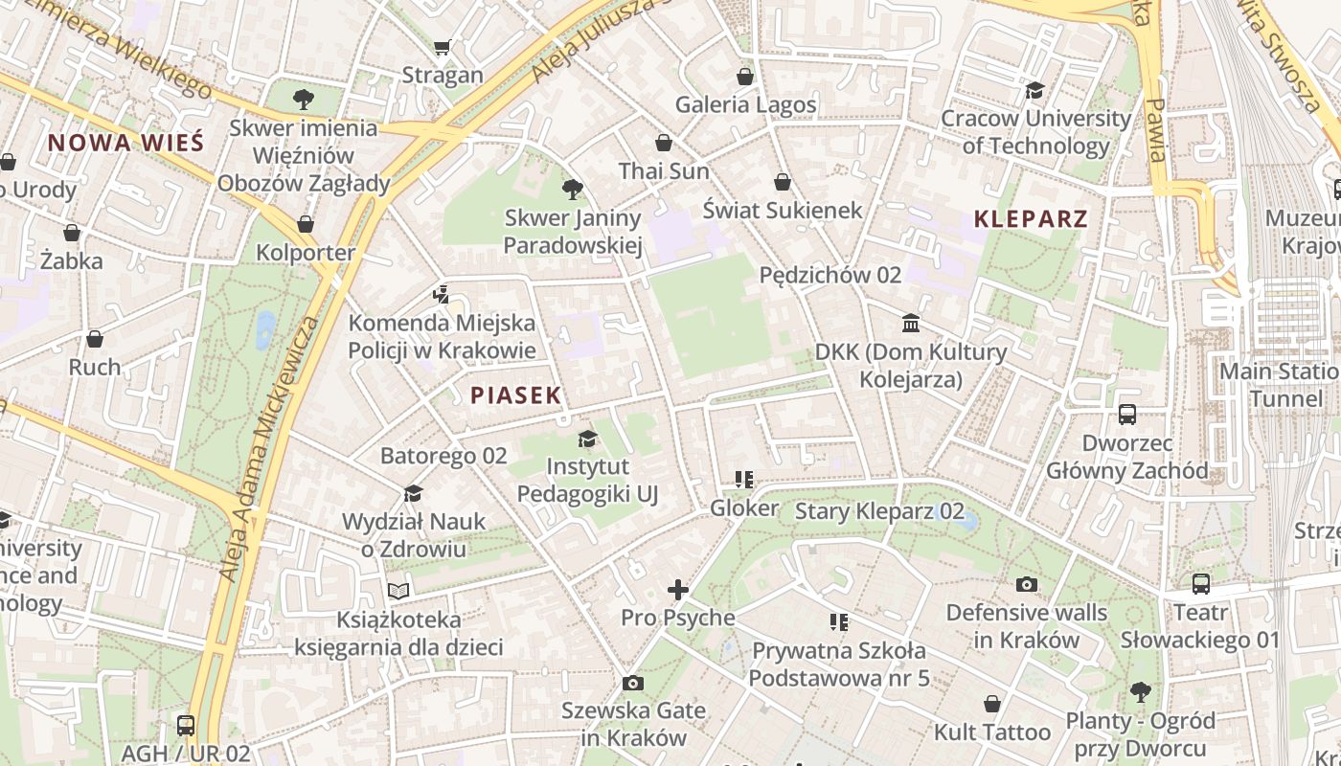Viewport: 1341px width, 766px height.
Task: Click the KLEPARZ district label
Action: [1031, 218]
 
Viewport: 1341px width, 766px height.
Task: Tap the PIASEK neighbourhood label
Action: [515, 395]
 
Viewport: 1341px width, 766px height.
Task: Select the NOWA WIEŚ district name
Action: [125, 144]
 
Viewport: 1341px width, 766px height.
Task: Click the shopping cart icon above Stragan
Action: [442, 47]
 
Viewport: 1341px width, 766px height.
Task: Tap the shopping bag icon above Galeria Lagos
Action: [745, 77]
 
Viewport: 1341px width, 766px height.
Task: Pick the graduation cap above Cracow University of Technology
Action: [1034, 90]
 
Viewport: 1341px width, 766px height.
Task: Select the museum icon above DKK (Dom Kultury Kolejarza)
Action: [911, 324]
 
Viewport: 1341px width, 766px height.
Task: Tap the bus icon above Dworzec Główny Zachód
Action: [1127, 415]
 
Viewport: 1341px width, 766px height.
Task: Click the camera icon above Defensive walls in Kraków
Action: [1027, 584]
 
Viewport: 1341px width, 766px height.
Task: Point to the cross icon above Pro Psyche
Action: [678, 590]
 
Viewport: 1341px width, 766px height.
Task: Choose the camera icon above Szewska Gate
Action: [632, 683]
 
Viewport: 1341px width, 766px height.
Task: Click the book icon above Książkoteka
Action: [398, 591]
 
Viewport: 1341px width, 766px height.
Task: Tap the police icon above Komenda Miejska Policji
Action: [441, 294]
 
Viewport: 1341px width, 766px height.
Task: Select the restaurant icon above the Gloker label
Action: [744, 479]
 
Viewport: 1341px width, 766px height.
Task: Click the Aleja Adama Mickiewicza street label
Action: [270, 447]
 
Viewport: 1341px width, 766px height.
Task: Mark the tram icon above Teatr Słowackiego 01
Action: [1200, 584]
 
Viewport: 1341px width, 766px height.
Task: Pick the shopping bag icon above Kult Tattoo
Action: [992, 704]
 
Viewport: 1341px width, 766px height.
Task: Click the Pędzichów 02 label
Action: [830, 275]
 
